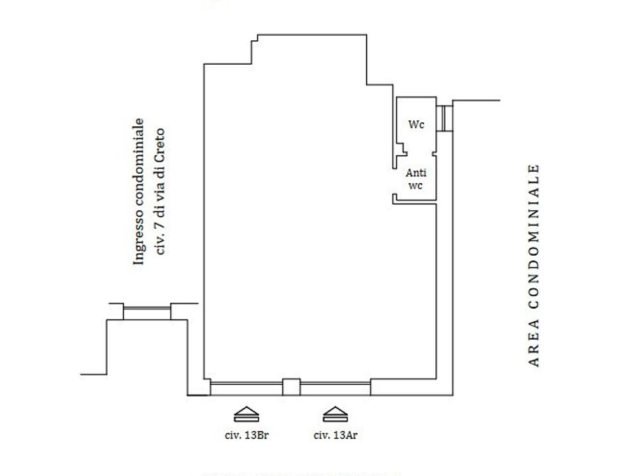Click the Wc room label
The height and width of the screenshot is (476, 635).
click(416, 124)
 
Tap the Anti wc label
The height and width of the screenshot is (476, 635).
click(416, 179)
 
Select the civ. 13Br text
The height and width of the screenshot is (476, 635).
click(247, 436)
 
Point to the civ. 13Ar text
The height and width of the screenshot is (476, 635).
click(335, 436)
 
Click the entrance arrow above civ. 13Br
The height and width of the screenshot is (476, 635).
click(247, 414)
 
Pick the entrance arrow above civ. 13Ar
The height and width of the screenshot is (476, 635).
click(335, 414)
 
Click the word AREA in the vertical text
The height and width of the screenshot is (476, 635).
click(534, 343)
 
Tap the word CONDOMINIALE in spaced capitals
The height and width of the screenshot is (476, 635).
click(534, 237)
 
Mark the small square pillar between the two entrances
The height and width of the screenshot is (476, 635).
click(291, 387)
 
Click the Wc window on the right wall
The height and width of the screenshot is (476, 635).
click(444, 118)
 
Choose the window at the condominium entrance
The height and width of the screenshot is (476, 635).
click(147, 311)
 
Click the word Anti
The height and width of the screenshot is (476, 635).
click(416, 173)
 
